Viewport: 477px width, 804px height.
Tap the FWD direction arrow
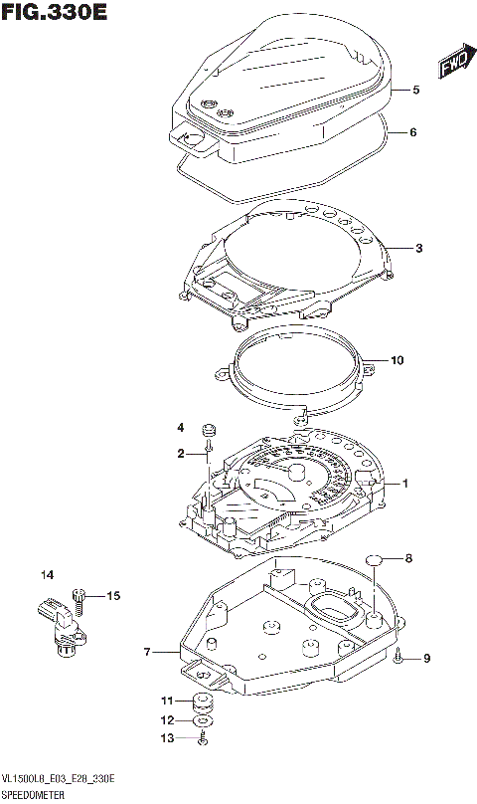pos(453,65)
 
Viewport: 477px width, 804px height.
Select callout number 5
pos(416,90)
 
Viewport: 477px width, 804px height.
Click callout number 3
pos(419,248)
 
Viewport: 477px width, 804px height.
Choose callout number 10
pos(397,360)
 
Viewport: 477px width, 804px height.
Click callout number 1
pos(405,484)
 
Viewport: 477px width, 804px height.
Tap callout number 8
pos(407,558)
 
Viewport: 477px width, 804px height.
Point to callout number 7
pos(146,653)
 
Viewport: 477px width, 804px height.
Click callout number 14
pos(46,575)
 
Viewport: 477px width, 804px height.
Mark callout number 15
pos(113,596)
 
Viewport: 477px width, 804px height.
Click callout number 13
pos(168,737)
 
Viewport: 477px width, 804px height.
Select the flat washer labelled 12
pos(203,718)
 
